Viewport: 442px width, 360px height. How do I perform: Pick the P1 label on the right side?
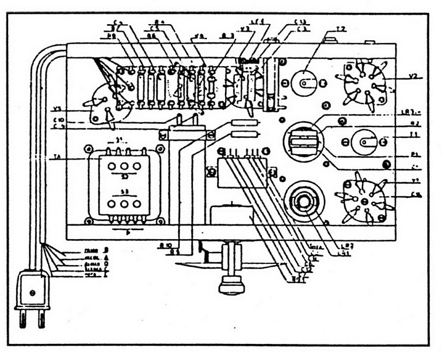coord(401,154)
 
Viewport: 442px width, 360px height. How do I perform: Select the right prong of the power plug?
coord(41,317)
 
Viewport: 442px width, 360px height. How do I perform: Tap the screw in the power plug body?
coord(32,292)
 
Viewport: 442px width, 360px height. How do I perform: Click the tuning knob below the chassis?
coord(231,284)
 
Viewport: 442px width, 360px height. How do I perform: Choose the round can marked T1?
coord(365,140)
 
